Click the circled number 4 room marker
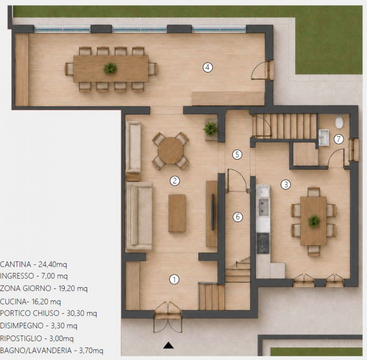[x=207, y=67]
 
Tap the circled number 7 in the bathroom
[x=339, y=139]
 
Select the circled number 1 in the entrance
[x=174, y=280]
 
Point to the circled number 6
[x=238, y=217]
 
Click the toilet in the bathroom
[x=339, y=122]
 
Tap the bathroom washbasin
[x=324, y=137]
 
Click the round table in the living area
[x=171, y=150]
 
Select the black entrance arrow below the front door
[x=168, y=345]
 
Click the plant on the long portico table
[x=110, y=68]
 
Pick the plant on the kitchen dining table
[x=314, y=221]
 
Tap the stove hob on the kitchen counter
[x=263, y=243]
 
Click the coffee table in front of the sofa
[x=177, y=213]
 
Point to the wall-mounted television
[x=213, y=212]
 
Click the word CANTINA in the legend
[x=16, y=264]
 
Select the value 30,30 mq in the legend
[x=82, y=313]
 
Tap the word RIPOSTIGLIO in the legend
[x=21, y=338]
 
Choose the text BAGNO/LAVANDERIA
[x=36, y=350]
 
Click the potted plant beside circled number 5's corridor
[x=211, y=129]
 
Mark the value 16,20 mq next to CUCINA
[x=46, y=302]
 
